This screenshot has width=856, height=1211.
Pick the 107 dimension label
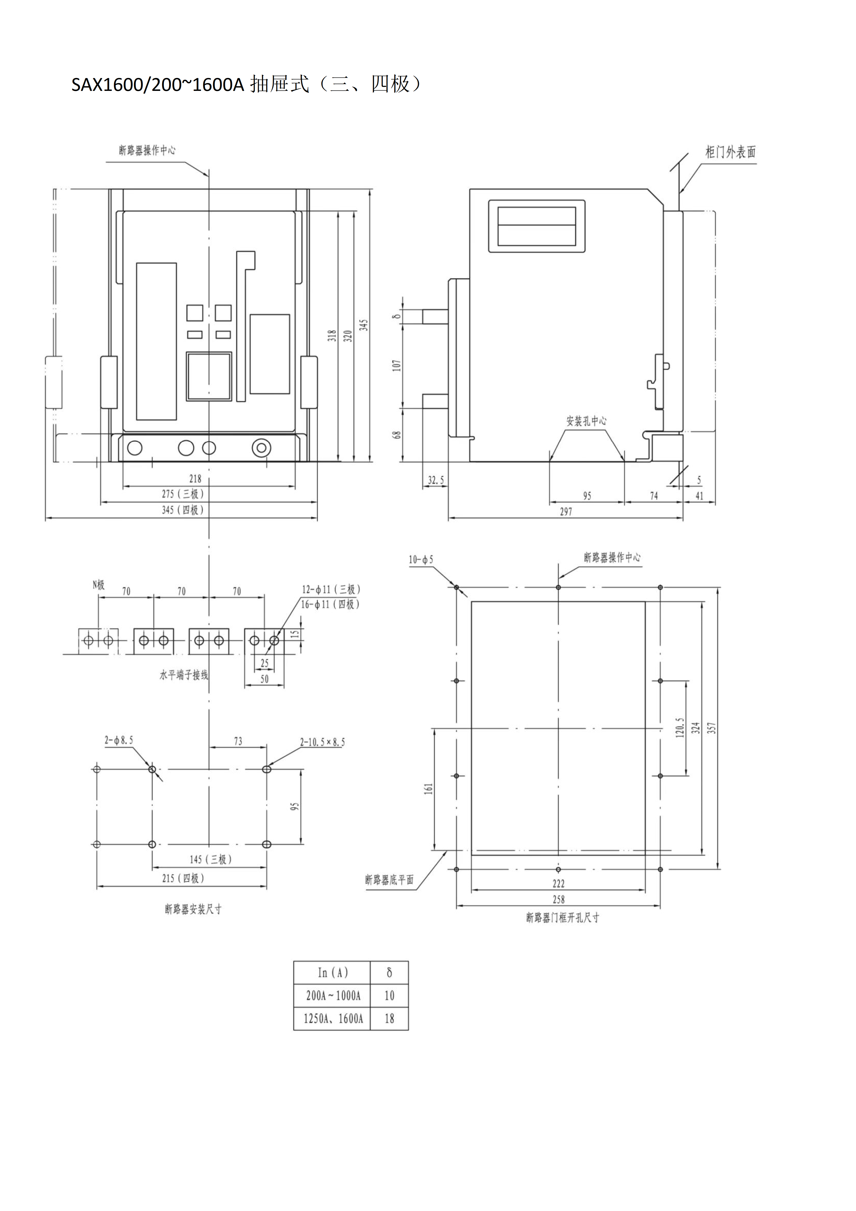click(x=397, y=366)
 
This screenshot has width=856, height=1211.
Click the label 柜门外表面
click(x=731, y=152)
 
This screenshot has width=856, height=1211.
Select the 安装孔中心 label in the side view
click(x=587, y=421)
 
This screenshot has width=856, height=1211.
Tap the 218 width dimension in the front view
click(x=195, y=478)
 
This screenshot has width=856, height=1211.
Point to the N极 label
click(x=99, y=584)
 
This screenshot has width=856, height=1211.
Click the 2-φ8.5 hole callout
click(x=119, y=741)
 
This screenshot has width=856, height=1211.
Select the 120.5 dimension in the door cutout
click(x=680, y=728)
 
